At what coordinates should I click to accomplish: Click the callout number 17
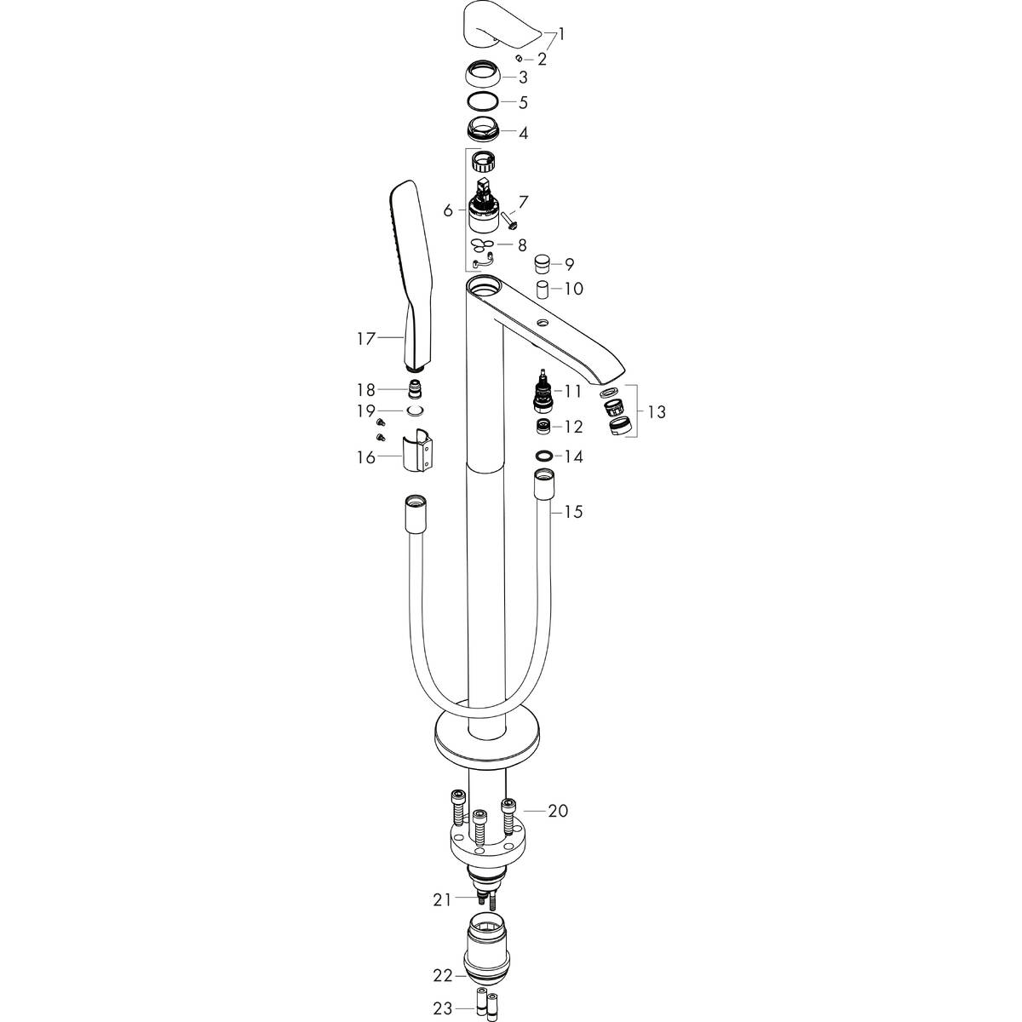(366, 339)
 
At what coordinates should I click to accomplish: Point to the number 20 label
(557, 811)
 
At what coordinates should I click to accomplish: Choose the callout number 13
(656, 412)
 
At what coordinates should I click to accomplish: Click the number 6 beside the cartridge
(448, 209)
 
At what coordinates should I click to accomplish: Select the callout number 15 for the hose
(573, 512)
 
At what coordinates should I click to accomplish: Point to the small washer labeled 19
(415, 411)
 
